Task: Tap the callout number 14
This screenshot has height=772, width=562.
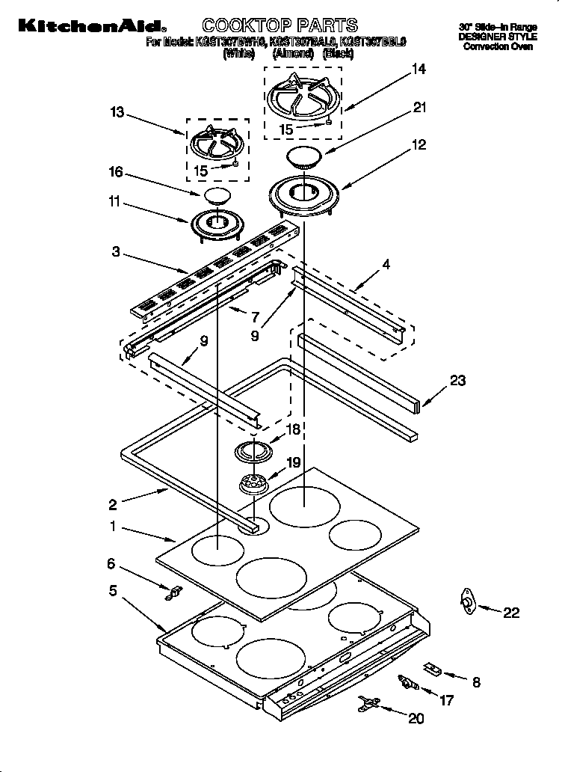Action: click(x=419, y=70)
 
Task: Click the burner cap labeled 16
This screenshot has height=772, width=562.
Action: click(x=215, y=197)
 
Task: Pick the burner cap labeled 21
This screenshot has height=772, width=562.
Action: click(x=304, y=158)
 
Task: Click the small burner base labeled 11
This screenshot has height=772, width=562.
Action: click(x=216, y=223)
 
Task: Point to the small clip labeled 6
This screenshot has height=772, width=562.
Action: click(x=175, y=593)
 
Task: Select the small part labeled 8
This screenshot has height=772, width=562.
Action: click(x=433, y=668)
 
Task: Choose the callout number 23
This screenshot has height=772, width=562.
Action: click(x=457, y=381)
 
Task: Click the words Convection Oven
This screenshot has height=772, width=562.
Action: click(x=497, y=46)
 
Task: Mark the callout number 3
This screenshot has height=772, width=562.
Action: click(x=116, y=252)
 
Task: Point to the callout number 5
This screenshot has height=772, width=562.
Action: click(x=113, y=590)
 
